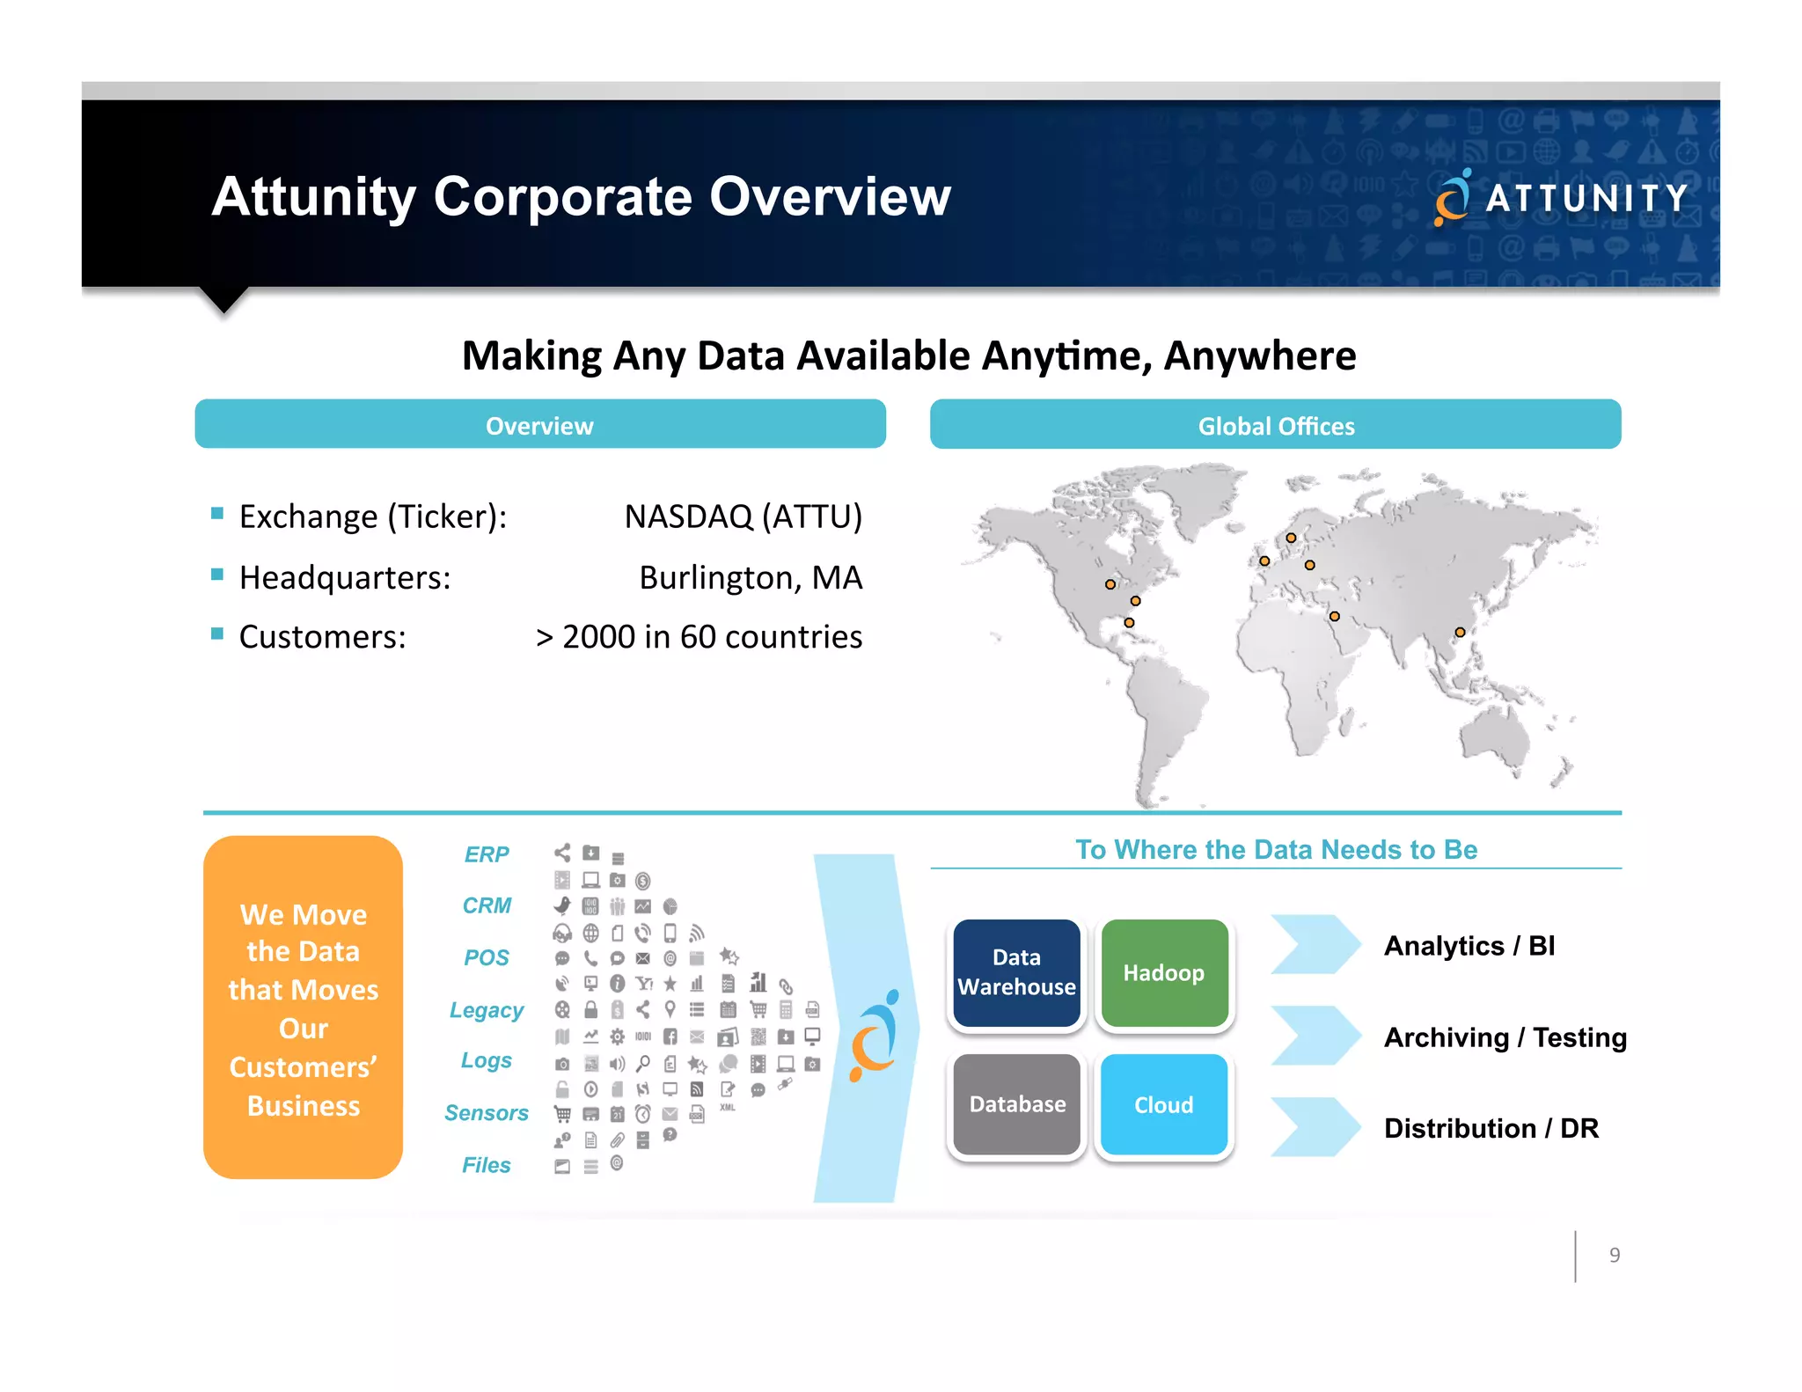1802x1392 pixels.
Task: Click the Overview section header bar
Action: [x=539, y=425]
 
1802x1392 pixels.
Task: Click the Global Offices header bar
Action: [x=1275, y=425]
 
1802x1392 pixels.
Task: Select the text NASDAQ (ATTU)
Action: [x=743, y=517]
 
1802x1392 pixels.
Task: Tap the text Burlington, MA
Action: [x=750, y=578]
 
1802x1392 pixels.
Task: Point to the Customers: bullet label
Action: [x=322, y=637]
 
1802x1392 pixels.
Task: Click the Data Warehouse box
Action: [x=1016, y=972]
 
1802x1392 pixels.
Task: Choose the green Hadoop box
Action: [x=1163, y=972]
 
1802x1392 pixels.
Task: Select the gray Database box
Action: [x=1016, y=1104]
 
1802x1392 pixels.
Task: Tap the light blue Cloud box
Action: [x=1163, y=1104]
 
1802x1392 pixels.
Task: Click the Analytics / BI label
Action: [x=1469, y=946]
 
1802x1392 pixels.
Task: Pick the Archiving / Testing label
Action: [x=1505, y=1037]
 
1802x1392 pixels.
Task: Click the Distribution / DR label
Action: [x=1491, y=1128]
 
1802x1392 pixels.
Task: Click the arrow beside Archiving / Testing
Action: [x=1315, y=1036]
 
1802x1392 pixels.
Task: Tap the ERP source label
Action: [x=487, y=854]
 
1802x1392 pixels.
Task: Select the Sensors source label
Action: [x=487, y=1113]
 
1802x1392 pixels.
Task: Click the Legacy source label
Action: [x=487, y=1010]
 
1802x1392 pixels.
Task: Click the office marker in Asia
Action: [x=1460, y=632]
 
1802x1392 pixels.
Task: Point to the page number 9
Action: [x=1614, y=1256]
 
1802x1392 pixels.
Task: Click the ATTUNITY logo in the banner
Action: [x=1561, y=197]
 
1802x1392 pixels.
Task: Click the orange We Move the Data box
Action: [x=303, y=1007]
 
